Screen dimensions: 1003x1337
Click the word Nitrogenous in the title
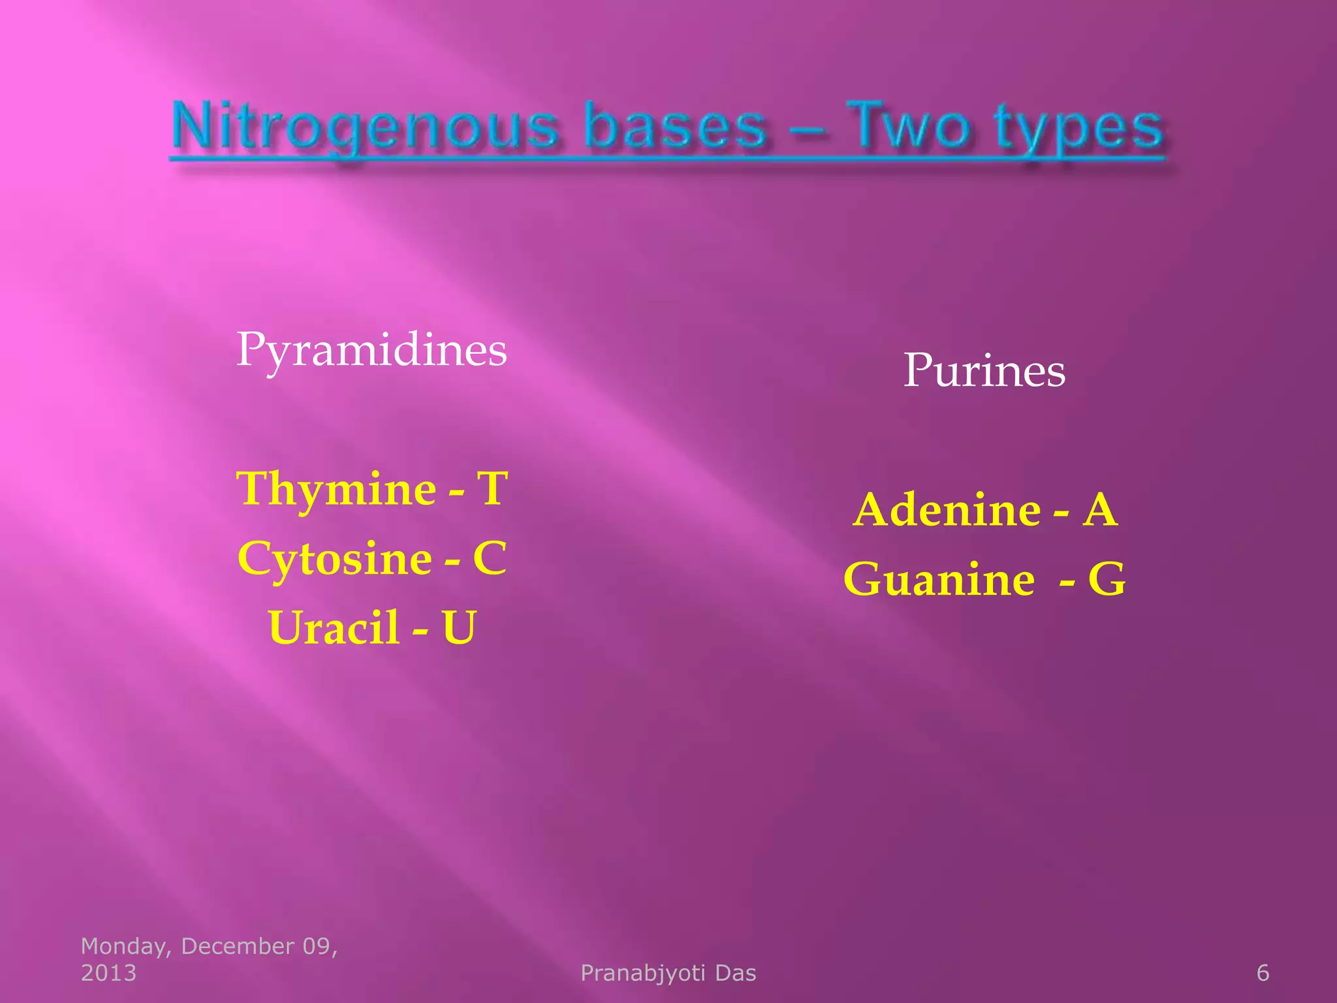tap(366, 127)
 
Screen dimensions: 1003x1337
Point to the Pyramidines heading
tap(371, 351)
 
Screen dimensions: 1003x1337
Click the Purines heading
tap(984, 371)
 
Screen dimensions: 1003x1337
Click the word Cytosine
tap(334, 559)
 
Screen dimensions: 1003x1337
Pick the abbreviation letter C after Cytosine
tap(490, 558)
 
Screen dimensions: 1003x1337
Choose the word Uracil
tap(334, 628)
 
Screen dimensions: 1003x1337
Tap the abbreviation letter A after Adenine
tap(1100, 510)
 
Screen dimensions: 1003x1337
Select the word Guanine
tap(939, 579)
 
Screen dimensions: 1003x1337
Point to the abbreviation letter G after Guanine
tap(1107, 579)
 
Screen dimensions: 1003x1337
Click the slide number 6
tap(1263, 973)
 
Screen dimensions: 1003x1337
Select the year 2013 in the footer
tap(108, 973)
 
